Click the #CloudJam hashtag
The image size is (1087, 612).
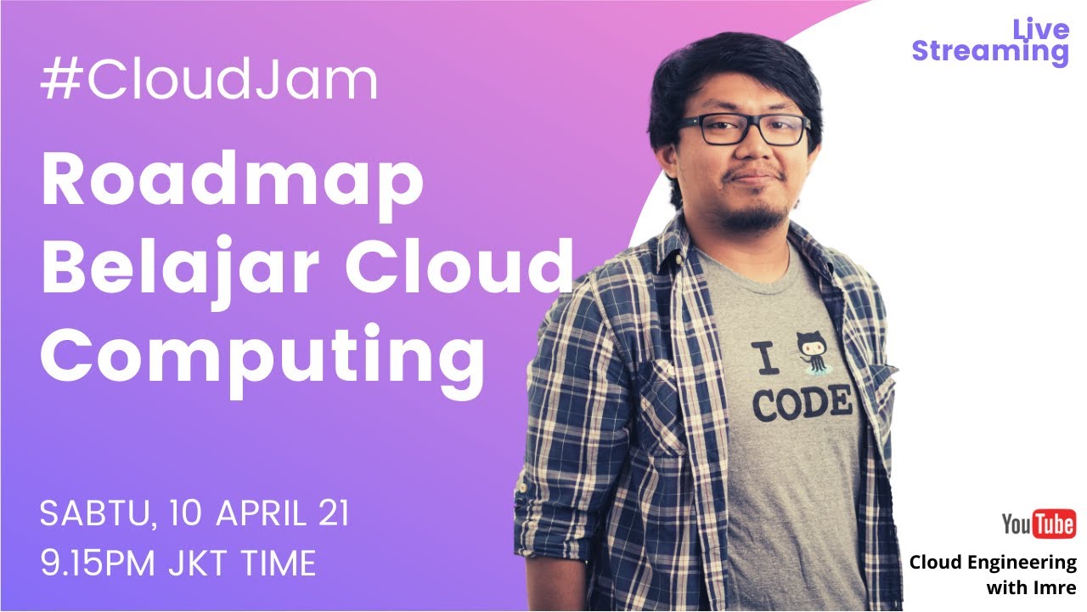[x=209, y=82]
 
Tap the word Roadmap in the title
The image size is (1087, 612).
[x=232, y=183]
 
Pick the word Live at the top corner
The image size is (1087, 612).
[x=1040, y=31]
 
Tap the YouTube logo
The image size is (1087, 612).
[x=1038, y=524]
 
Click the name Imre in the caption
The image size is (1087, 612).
[x=1055, y=587]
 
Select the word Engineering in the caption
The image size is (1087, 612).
[x=1023, y=563]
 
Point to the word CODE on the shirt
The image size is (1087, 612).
[x=802, y=402]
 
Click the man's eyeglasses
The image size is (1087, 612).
[x=744, y=130]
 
